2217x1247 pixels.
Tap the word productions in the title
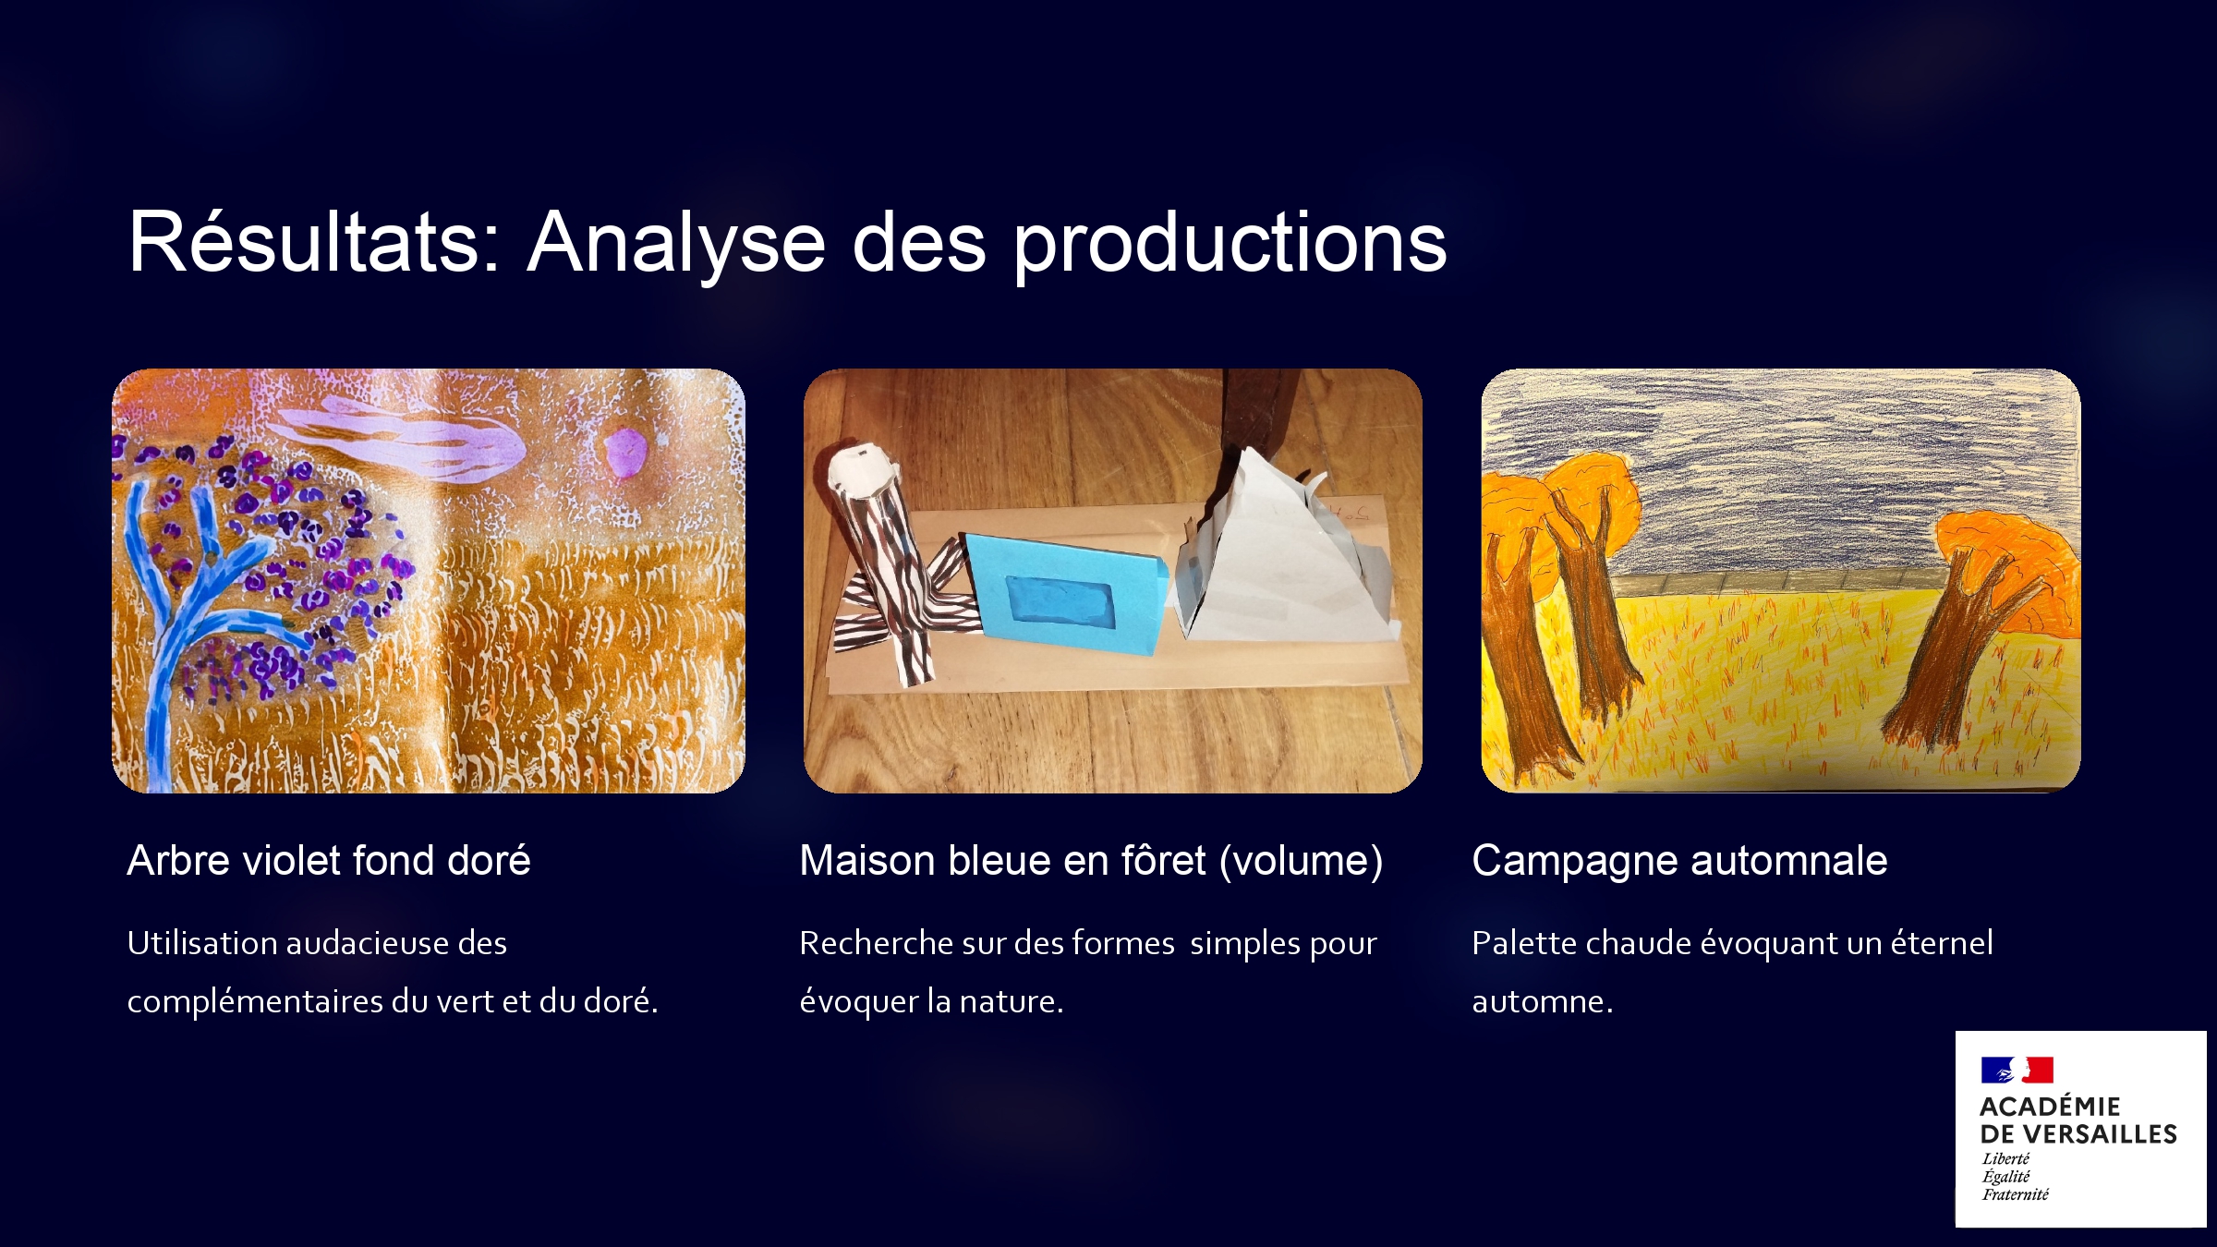click(1230, 245)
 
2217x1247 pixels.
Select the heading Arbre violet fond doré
click(329, 860)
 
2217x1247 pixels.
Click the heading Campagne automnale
click(1679, 862)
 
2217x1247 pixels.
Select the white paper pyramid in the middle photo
click(1284, 554)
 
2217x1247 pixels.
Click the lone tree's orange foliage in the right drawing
click(2005, 554)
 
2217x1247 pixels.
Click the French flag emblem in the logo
click(2017, 1070)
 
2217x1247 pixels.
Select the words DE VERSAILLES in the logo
click(2078, 1134)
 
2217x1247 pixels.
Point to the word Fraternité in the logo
click(2015, 1194)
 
